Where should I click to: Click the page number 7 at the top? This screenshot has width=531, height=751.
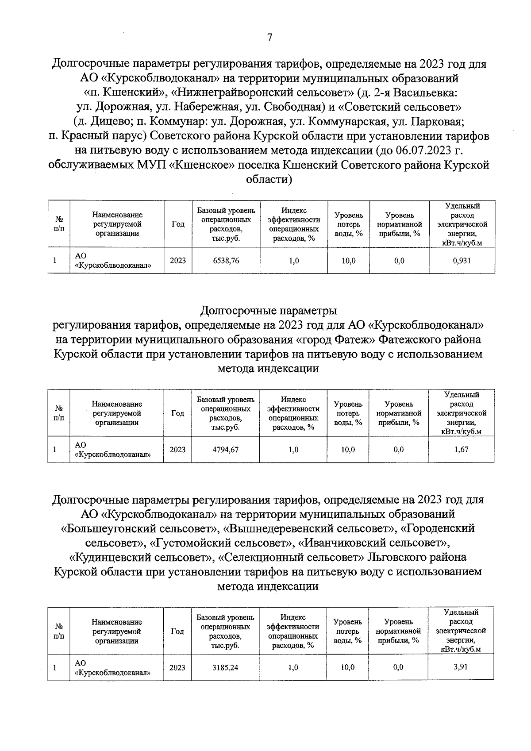tap(269, 37)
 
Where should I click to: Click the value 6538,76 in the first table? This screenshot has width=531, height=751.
tap(226, 261)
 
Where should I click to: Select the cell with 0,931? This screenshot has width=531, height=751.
tap(462, 261)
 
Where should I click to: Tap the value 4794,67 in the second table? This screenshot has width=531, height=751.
tap(225, 450)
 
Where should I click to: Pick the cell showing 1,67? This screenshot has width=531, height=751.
tap(461, 450)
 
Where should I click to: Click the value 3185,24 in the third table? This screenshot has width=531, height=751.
tap(225, 667)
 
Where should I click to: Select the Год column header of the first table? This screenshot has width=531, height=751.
tap(178, 224)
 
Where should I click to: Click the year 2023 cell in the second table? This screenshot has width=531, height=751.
tap(177, 450)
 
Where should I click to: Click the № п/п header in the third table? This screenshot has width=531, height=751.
tap(58, 632)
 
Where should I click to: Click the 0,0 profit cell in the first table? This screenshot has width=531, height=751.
tap(399, 261)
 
